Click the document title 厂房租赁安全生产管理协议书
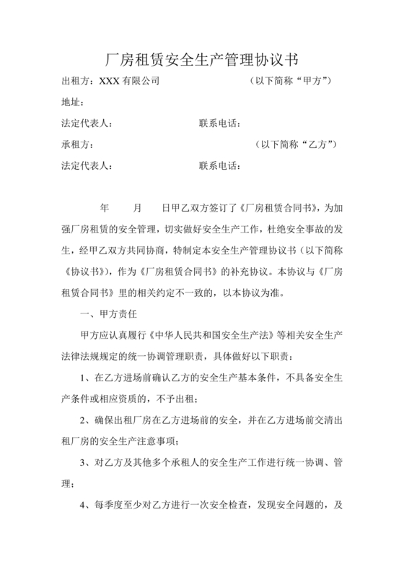coord(202,57)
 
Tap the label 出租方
coord(75,82)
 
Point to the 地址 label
coord(72,103)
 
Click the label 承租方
coord(75,144)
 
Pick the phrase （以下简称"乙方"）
coord(297,144)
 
